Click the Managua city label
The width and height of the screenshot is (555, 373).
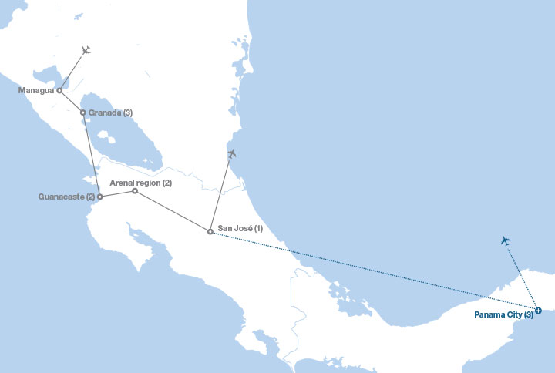(35, 90)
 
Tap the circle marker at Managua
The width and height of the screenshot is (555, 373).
(59, 90)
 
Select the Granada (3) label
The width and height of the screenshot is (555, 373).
(110, 113)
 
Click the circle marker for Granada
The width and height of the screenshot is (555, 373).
(83, 113)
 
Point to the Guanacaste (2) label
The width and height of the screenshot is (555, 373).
(66, 197)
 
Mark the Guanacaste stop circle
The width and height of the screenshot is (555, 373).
(100, 197)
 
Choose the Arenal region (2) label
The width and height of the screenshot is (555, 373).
(140, 183)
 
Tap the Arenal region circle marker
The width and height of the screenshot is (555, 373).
(135, 191)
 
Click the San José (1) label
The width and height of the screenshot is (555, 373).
(240, 229)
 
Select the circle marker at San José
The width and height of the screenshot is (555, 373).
(210, 231)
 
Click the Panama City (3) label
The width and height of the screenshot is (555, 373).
(503, 315)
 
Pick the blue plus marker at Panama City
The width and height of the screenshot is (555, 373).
(538, 311)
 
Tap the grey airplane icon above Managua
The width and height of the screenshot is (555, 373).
(86, 51)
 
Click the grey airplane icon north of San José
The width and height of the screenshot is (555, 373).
(231, 153)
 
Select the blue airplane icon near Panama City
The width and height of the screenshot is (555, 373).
(506, 241)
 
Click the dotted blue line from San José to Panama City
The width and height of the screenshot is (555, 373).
(374, 271)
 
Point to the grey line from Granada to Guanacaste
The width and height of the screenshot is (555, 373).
(92, 154)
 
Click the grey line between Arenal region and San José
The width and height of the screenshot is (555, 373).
(173, 211)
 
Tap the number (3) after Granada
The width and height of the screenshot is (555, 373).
(127, 113)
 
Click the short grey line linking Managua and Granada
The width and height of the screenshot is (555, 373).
(71, 101)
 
